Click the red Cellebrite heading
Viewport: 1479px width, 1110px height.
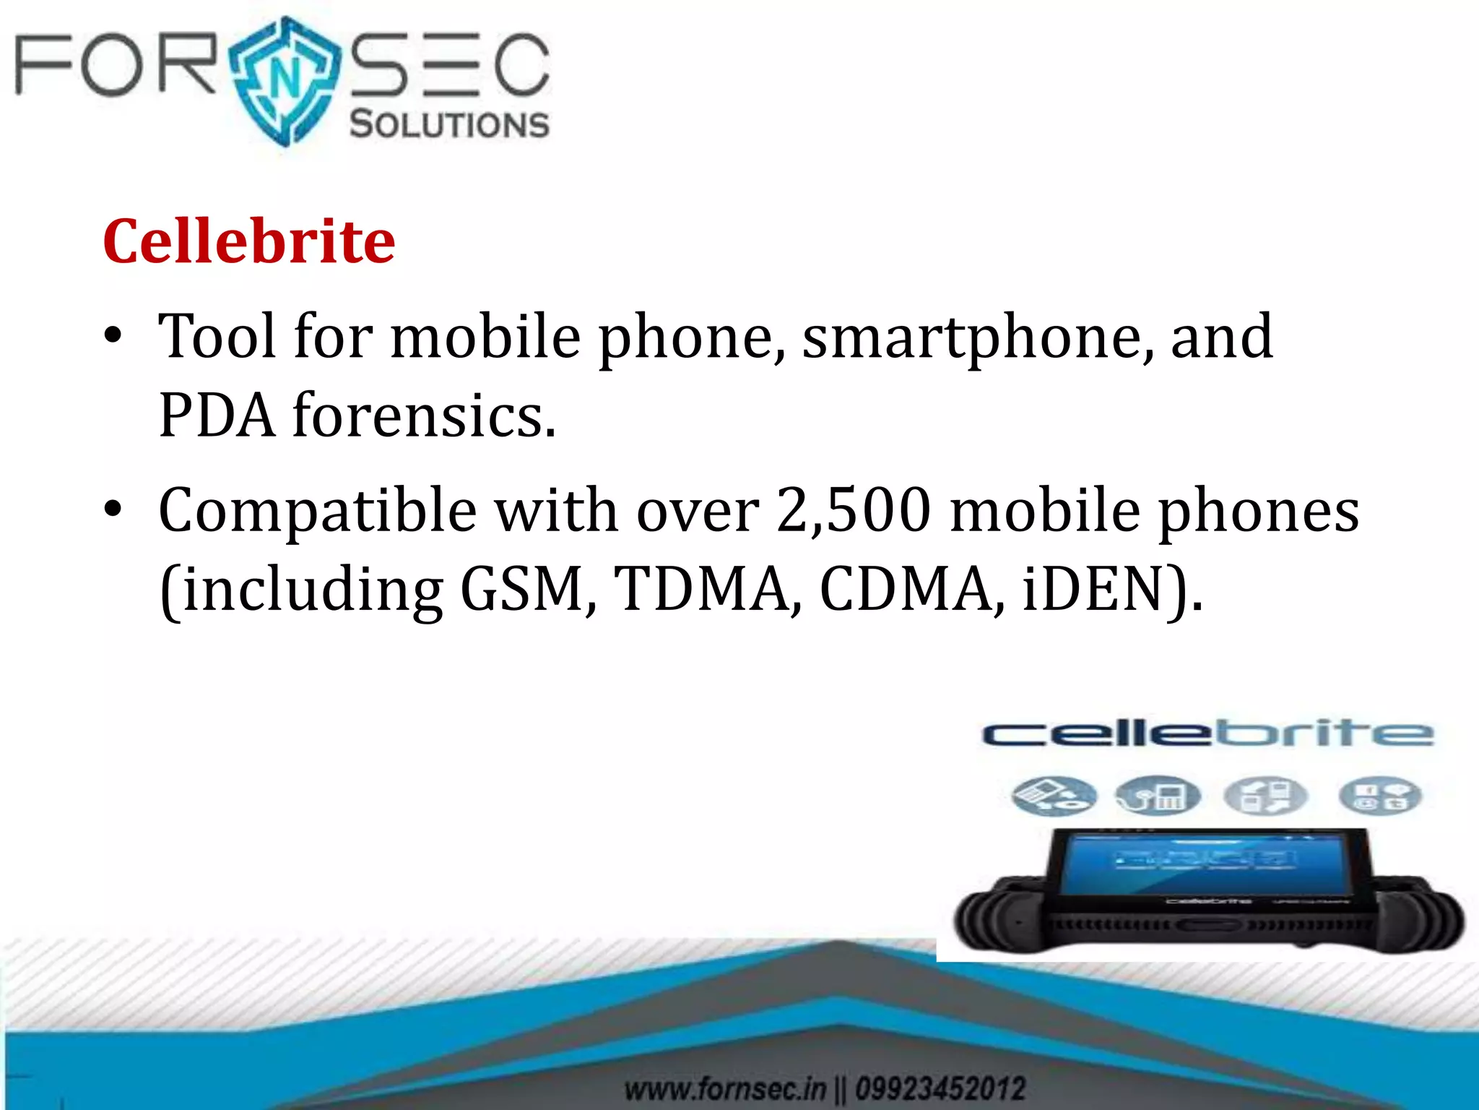(x=249, y=241)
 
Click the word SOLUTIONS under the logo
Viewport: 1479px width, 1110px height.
(x=449, y=124)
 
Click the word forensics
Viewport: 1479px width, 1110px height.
(x=424, y=416)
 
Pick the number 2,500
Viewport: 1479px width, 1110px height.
(x=853, y=510)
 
